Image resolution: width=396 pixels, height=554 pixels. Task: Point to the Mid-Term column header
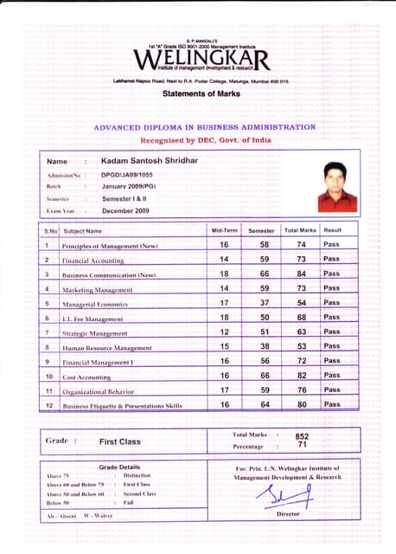(223, 231)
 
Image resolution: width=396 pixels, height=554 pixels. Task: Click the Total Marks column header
(299, 231)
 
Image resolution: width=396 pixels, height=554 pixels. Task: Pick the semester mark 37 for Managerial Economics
(261, 303)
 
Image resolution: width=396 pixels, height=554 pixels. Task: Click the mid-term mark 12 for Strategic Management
(224, 332)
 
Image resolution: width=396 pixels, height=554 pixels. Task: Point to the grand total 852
(302, 436)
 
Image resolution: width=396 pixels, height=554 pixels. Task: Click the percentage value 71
(302, 445)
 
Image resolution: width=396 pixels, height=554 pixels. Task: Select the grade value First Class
(119, 441)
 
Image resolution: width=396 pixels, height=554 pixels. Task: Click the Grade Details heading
(119, 467)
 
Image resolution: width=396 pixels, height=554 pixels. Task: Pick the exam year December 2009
(125, 210)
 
